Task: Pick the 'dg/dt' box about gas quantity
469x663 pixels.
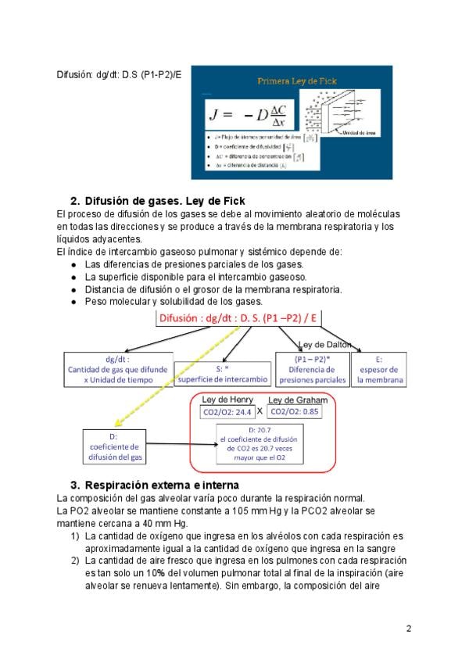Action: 114,370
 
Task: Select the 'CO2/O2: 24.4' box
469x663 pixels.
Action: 227,411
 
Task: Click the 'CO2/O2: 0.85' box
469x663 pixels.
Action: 295,411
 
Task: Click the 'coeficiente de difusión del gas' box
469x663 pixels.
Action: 114,447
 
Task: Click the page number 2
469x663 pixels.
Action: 408,628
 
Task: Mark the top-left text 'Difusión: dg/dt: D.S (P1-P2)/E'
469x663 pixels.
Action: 119,74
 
